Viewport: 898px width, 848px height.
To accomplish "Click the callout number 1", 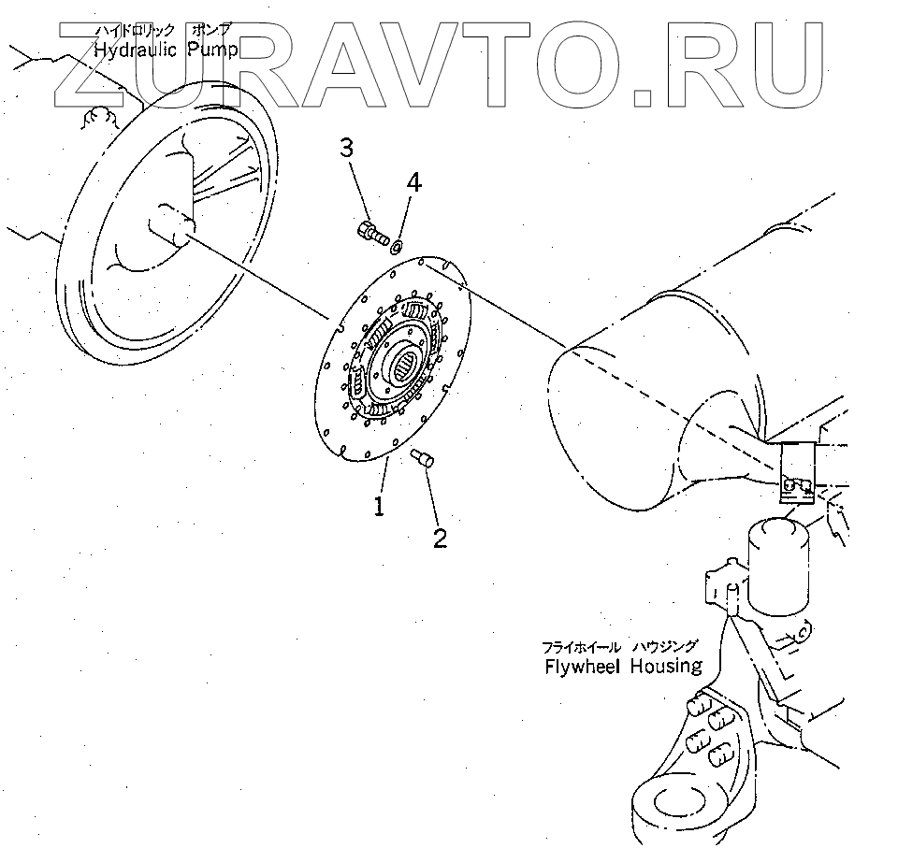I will click(380, 506).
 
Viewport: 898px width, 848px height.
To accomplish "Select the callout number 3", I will click(346, 148).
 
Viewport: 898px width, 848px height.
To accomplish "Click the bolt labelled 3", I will click(371, 230).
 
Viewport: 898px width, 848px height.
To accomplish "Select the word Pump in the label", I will click(215, 50).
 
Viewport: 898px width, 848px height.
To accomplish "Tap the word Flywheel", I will click(583, 667).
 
